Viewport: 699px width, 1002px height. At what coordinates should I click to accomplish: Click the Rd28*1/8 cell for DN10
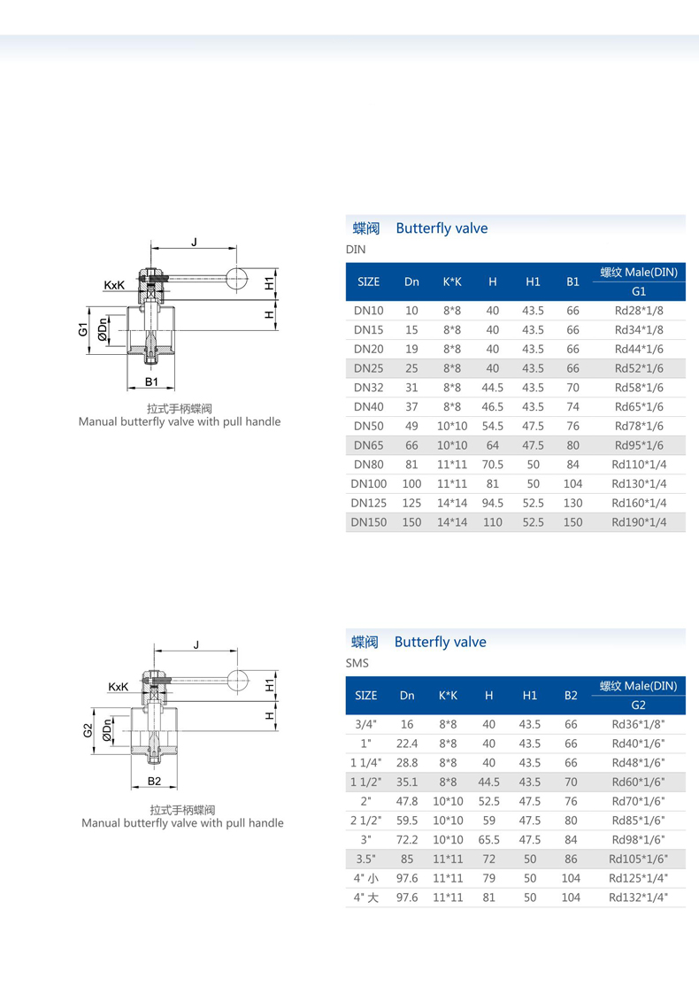639,311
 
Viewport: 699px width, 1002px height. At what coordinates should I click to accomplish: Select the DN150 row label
369,522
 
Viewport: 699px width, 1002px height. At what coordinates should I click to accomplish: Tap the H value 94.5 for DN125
493,503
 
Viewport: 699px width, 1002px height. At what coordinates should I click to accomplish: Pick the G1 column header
639,291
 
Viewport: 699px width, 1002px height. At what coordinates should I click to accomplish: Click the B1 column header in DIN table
572,281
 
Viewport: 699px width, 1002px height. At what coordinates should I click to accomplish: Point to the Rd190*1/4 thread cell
639,522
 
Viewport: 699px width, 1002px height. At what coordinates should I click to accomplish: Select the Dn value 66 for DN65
411,445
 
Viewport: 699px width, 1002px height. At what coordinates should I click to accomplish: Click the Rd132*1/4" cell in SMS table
638,898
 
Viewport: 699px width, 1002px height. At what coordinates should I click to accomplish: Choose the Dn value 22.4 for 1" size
407,744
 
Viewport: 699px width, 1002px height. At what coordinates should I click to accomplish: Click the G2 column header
638,705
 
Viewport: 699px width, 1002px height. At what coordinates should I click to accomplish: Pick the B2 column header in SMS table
571,696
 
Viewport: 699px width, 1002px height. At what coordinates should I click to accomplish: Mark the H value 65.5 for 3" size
488,839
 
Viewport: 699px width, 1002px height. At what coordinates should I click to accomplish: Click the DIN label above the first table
356,250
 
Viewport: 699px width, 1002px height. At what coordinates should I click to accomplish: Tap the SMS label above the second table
357,663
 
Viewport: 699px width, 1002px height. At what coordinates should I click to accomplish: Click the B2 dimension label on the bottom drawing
154,782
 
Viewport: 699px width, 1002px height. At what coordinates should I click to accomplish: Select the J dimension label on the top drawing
193,241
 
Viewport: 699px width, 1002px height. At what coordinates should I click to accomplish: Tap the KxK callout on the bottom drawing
119,686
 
